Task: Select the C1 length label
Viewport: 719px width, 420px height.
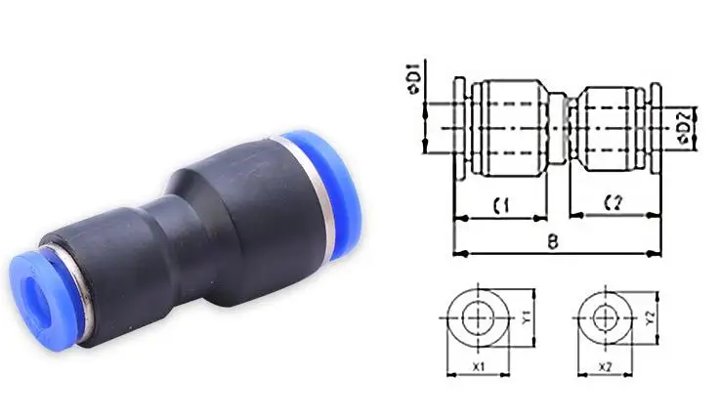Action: point(501,205)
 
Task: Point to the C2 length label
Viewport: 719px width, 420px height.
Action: point(613,202)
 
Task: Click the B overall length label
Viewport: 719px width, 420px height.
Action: point(553,241)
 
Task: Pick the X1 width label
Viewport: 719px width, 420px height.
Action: point(479,367)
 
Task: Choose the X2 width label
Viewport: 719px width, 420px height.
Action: point(606,367)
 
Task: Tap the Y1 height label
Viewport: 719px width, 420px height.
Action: point(527,316)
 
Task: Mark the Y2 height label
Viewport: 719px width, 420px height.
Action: point(650,317)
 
